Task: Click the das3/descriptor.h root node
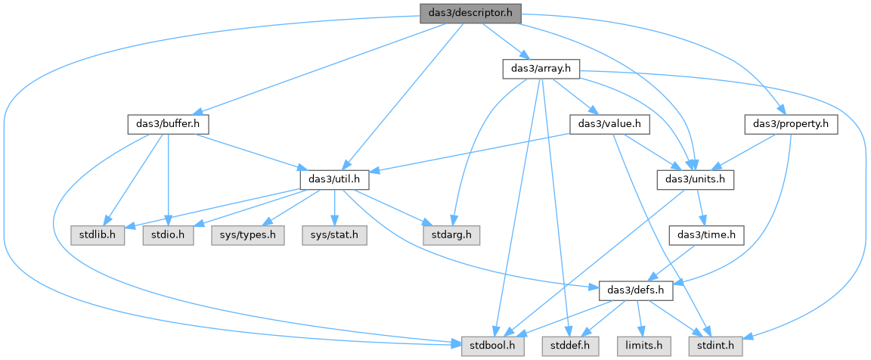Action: pos(470,13)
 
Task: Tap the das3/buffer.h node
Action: pos(169,125)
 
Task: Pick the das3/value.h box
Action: pos(610,125)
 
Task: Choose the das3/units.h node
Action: pos(696,179)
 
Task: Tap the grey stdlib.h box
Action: pos(98,235)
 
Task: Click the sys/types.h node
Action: pos(247,235)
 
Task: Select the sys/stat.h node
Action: pos(333,235)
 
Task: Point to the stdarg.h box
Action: pos(451,235)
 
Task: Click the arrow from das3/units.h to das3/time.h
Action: pos(701,207)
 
